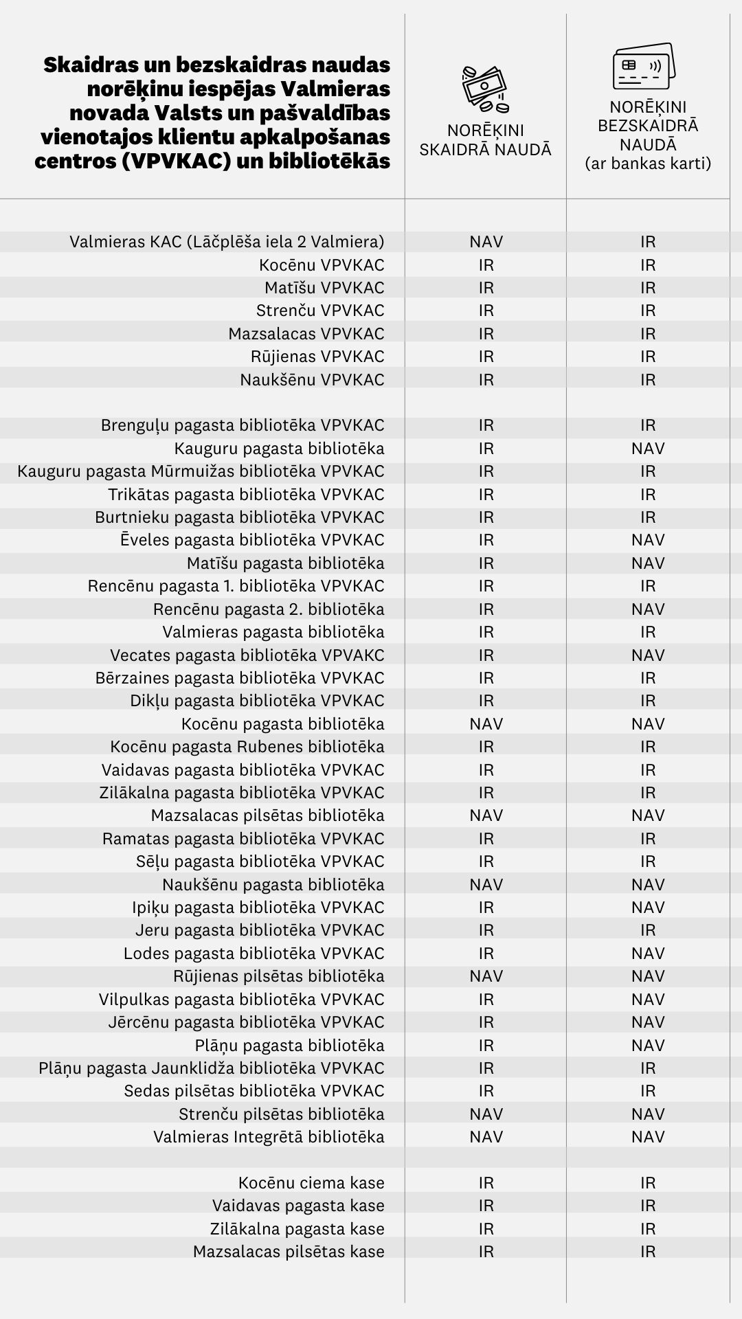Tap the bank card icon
click(643, 66)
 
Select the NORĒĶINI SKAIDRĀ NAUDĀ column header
click(486, 140)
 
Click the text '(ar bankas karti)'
click(648, 164)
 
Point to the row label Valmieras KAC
click(227, 242)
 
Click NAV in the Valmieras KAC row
click(486, 242)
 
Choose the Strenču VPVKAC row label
click(320, 311)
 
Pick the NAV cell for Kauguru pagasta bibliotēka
click(648, 449)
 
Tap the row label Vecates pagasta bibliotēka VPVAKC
click(247, 655)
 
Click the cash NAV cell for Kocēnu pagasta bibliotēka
click(486, 724)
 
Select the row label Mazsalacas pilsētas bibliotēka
click(268, 815)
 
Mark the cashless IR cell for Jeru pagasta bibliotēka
click(648, 930)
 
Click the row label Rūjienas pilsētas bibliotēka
click(279, 976)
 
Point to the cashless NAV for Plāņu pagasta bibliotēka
click(648, 1046)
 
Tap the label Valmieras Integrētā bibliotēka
click(269, 1137)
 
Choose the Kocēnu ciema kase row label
click(311, 1183)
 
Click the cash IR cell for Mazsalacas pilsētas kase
click(486, 1252)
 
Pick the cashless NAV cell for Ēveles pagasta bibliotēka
click(648, 540)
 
